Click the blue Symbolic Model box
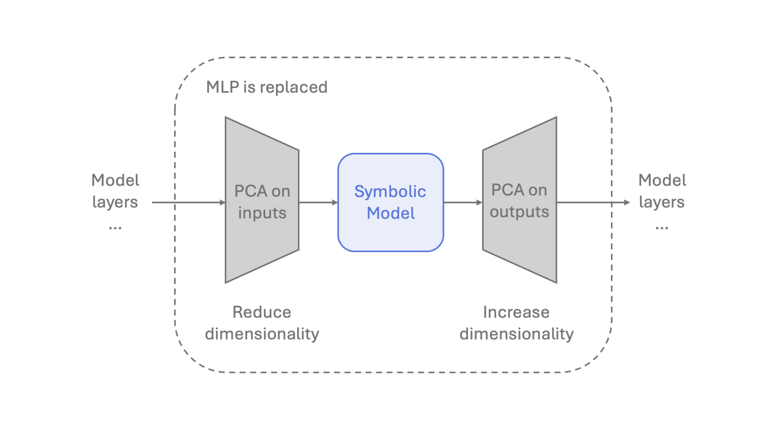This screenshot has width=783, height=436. [x=391, y=237]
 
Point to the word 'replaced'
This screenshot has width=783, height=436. [x=294, y=87]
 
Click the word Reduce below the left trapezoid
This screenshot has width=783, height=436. [x=262, y=312]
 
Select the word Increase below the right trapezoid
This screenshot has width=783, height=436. [x=516, y=312]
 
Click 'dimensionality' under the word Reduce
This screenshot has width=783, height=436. [x=262, y=334]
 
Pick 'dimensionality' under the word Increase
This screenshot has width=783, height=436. [x=516, y=334]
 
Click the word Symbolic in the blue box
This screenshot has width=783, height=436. [x=390, y=192]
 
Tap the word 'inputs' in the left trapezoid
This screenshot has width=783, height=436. [x=262, y=213]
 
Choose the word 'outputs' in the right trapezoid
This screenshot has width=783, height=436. [x=519, y=212]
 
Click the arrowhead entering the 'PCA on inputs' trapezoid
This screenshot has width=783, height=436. [x=222, y=202]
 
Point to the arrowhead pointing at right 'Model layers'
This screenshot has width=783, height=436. [x=626, y=202]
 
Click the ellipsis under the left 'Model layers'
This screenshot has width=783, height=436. [x=115, y=228]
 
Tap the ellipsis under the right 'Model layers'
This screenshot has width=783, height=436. [x=662, y=228]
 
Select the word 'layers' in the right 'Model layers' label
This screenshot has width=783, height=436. [x=662, y=202]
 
